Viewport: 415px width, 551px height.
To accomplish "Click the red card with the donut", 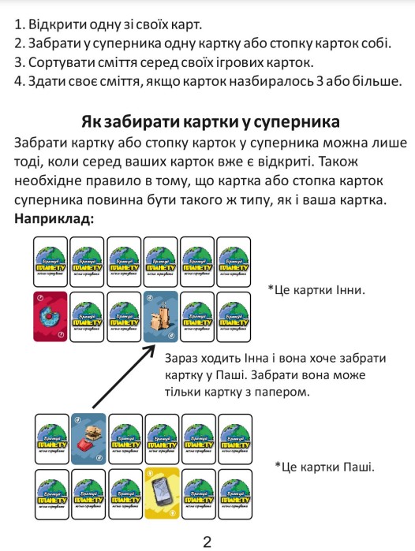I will pyautogui.click(x=50, y=315).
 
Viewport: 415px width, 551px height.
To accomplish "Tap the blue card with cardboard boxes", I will pyautogui.click(x=161, y=315).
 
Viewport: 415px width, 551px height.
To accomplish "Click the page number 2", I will pyautogui.click(x=207, y=542).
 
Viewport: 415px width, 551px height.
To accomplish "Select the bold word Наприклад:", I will pyautogui.click(x=54, y=218).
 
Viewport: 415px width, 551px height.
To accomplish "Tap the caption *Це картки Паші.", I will pyautogui.click(x=324, y=467).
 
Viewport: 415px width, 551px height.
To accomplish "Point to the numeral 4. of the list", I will pyautogui.click(x=20, y=81).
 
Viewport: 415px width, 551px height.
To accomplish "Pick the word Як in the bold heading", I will pyautogui.click(x=93, y=122).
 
